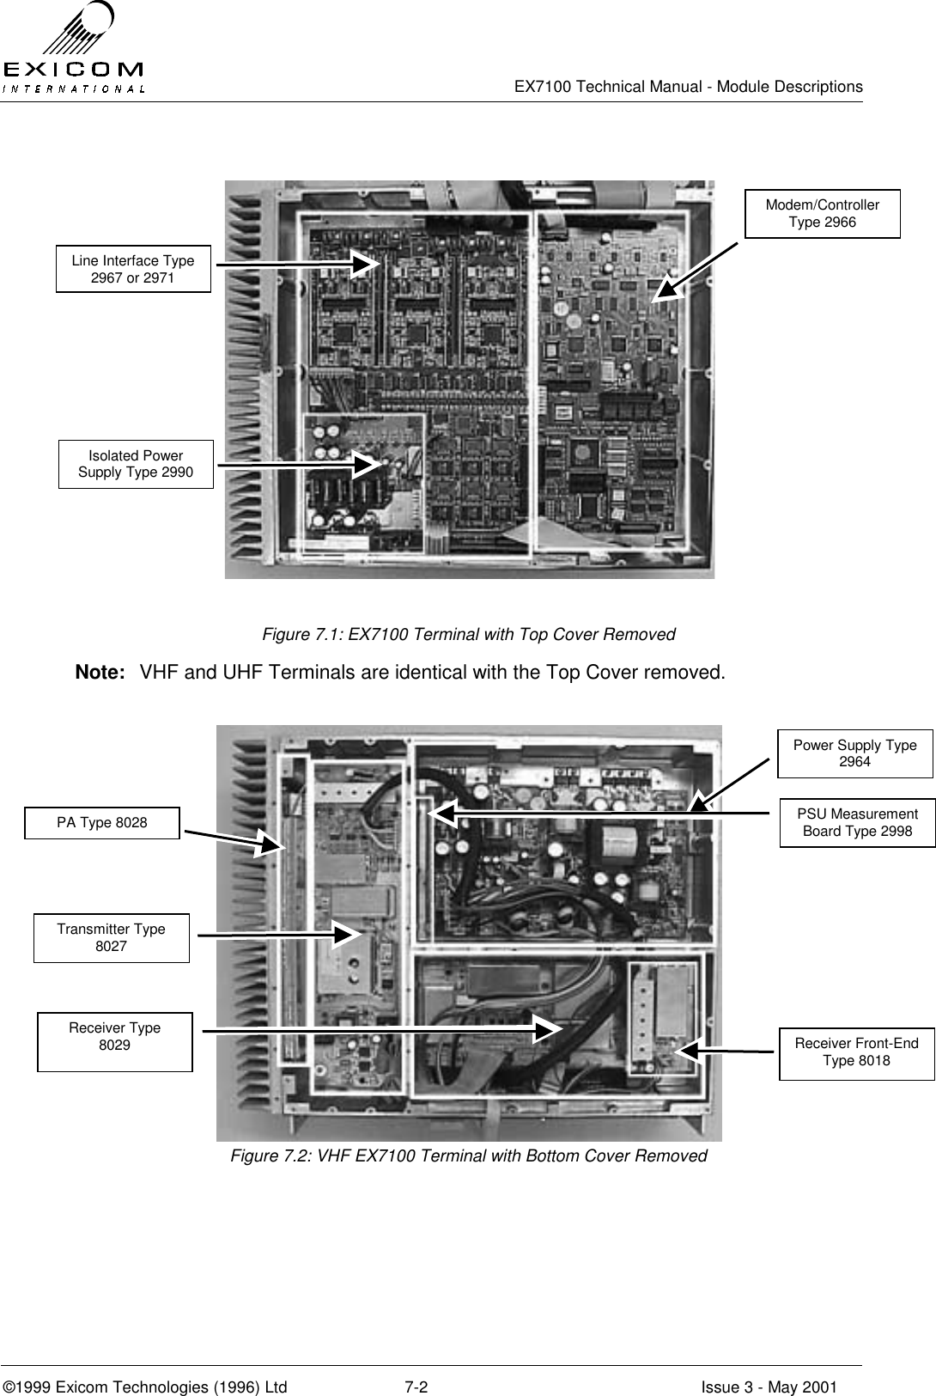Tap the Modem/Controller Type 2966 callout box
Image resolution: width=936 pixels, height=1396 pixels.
pyautogui.click(x=822, y=214)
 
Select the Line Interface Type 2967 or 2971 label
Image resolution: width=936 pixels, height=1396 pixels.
pyautogui.click(x=133, y=269)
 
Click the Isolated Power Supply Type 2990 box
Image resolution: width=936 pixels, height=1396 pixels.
pyautogui.click(x=136, y=464)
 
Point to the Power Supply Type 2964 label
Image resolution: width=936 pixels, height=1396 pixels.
pyautogui.click(x=854, y=753)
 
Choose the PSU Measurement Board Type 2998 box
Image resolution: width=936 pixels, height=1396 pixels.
pyautogui.click(x=857, y=822)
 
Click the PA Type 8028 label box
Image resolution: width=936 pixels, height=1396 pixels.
pyautogui.click(x=102, y=823)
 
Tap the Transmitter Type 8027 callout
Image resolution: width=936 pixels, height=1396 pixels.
pyautogui.click(x=111, y=938)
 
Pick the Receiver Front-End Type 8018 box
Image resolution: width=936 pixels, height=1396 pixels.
pyautogui.click(x=856, y=1052)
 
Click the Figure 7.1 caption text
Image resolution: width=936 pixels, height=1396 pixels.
pyautogui.click(x=468, y=635)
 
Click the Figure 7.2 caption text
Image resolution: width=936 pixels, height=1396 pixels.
pyautogui.click(x=468, y=1156)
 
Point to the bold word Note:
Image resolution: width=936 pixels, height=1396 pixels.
pyautogui.click(x=101, y=672)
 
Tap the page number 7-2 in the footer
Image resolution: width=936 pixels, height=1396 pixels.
pyautogui.click(x=416, y=1363)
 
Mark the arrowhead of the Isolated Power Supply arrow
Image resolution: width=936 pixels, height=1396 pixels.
pyautogui.click(x=372, y=464)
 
